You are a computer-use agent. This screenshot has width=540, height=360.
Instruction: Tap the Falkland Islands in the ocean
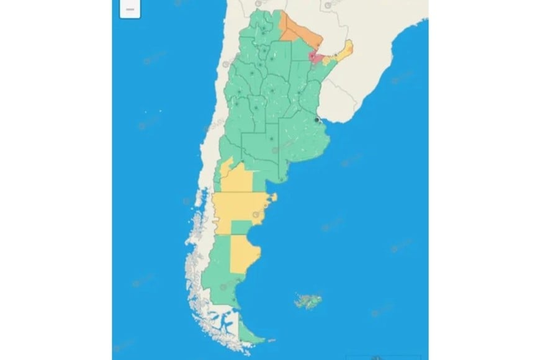pyautogui.click(x=306, y=302)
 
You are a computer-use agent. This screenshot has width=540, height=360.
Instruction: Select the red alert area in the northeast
pyautogui.click(x=317, y=58)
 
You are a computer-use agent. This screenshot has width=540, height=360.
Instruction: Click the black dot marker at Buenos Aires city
pyautogui.click(x=317, y=119)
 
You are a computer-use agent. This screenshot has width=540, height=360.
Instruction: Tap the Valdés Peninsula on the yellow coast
pyautogui.click(x=271, y=198)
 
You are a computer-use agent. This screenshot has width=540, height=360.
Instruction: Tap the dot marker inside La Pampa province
pyautogui.click(x=271, y=138)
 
